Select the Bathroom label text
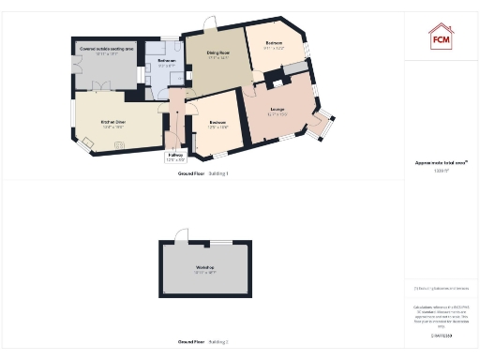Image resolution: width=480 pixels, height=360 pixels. click(x=167, y=62)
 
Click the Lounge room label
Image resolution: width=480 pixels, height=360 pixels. click(x=277, y=112)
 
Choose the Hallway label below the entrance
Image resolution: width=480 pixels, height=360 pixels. click(x=175, y=156)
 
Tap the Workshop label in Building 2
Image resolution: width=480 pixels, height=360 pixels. click(x=206, y=270)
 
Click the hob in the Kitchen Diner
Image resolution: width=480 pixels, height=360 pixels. click(x=119, y=144)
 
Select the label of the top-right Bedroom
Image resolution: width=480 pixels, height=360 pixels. click(x=274, y=45)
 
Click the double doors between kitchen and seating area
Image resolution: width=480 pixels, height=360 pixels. click(x=104, y=87)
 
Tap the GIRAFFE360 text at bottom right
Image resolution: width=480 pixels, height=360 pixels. click(x=441, y=335)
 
